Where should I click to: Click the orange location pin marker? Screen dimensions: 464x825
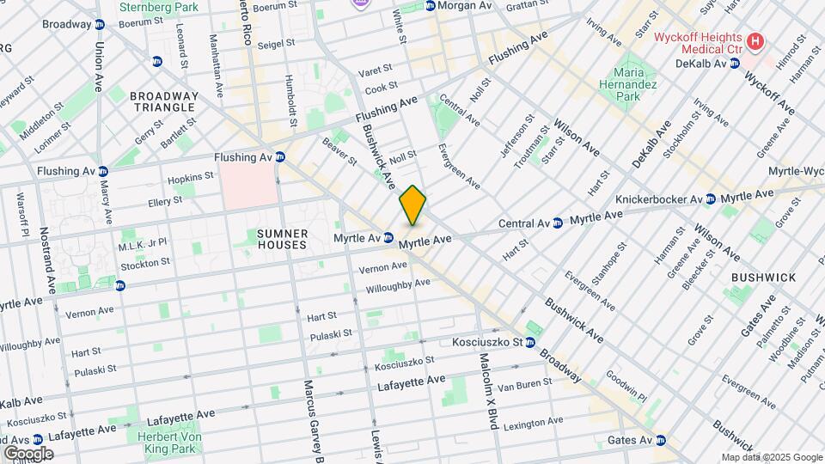click(x=412, y=205)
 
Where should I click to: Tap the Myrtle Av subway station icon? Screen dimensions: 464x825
click(x=388, y=237)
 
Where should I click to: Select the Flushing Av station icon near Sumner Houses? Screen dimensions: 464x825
click(x=280, y=157)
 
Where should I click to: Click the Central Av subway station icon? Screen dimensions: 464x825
click(x=558, y=223)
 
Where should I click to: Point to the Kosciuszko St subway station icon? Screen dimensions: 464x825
click(x=530, y=343)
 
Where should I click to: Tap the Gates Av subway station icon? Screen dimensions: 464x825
click(x=661, y=441)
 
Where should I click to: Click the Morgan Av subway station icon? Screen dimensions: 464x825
click(x=430, y=5)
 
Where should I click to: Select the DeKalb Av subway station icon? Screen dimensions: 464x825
click(x=736, y=64)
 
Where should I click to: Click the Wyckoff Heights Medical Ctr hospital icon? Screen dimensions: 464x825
click(x=755, y=40)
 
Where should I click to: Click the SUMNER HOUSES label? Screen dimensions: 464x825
click(x=282, y=239)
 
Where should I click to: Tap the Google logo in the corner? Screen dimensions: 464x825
click(x=27, y=453)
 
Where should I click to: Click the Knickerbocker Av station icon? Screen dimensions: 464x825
click(x=710, y=199)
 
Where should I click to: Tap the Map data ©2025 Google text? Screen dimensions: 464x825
click(x=771, y=457)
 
